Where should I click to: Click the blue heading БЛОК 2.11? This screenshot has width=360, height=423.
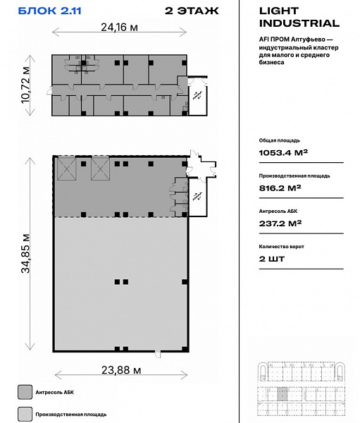pyautogui.click(x=49, y=11)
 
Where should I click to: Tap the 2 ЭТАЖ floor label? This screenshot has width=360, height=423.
pyautogui.click(x=192, y=11)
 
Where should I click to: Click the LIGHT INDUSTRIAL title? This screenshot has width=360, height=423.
pyautogui.click(x=299, y=17)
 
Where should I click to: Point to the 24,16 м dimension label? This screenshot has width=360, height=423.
pyautogui.click(x=119, y=27)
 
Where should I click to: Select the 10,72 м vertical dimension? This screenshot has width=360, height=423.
pyautogui.click(x=25, y=85)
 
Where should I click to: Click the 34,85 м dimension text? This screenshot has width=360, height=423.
pyautogui.click(x=25, y=254)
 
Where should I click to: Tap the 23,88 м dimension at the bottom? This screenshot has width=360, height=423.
pyautogui.click(x=121, y=370)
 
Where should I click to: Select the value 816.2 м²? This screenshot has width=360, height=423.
pyautogui.click(x=280, y=188)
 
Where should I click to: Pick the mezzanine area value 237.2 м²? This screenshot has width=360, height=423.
pyautogui.click(x=280, y=223)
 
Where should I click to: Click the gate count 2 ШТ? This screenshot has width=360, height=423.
pyautogui.click(x=272, y=259)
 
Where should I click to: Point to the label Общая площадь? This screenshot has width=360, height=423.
pyautogui.click(x=279, y=140)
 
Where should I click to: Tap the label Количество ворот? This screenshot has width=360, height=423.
pyautogui.click(x=281, y=247)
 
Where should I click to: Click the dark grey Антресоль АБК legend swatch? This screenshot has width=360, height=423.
pyautogui.click(x=25, y=392)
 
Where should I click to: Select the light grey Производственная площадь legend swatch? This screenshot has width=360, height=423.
pyautogui.click(x=25, y=414)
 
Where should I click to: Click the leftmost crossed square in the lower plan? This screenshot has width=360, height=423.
pyautogui.click(x=67, y=169)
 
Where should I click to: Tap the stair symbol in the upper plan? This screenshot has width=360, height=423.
pyautogui.click(x=198, y=95)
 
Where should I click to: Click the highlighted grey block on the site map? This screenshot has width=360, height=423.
pyautogui.click(x=283, y=394)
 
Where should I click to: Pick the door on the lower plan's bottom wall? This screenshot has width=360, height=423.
pyautogui.click(x=158, y=354)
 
